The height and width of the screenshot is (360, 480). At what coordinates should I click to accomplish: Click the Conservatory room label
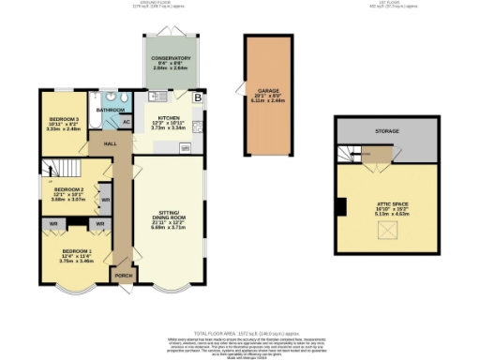pos(170,58)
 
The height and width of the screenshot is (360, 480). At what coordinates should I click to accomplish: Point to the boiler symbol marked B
pos(197,97)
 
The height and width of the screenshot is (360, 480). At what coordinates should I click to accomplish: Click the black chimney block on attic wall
pos(342,207)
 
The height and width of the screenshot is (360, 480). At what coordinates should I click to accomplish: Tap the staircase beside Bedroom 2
pos(54,170)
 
